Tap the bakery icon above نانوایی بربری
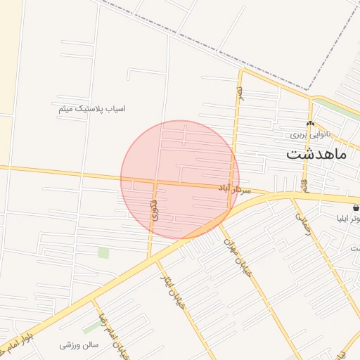point(310,124)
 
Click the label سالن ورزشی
point(79,345)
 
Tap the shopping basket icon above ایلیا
point(356,208)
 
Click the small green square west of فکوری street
point(103,252)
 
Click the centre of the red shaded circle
point(180,180)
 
